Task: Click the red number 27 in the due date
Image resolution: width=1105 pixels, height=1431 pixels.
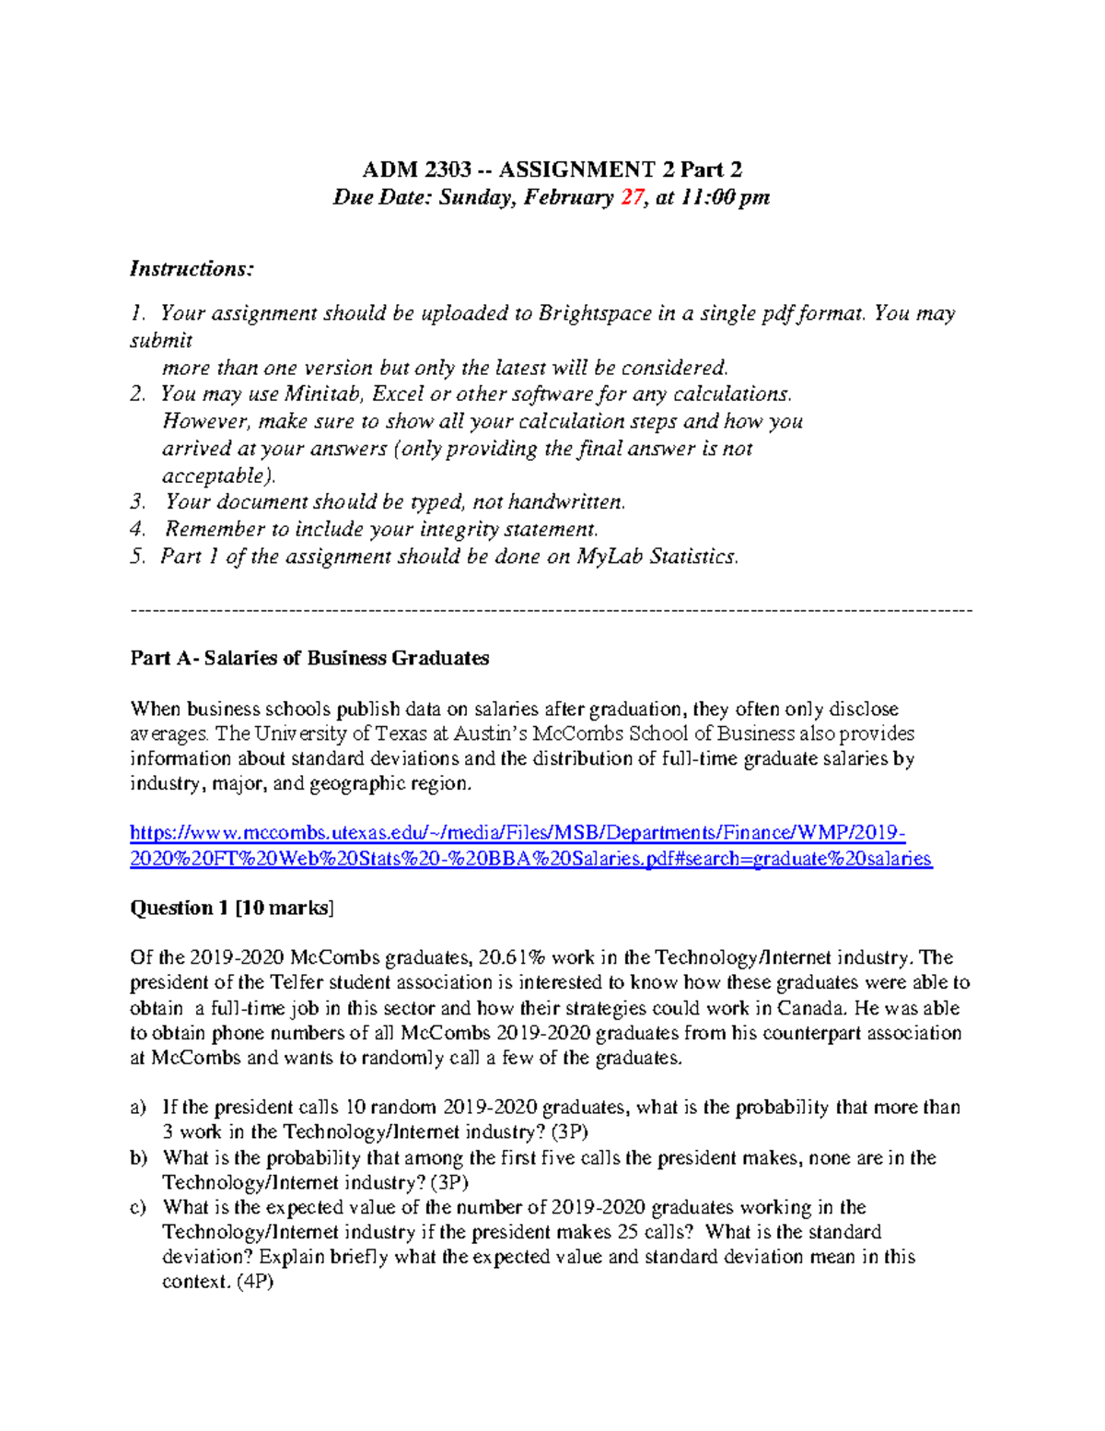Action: (x=633, y=197)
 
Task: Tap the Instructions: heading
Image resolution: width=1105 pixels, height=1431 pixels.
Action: (x=192, y=269)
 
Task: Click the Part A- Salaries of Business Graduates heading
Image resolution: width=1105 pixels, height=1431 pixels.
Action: (x=309, y=658)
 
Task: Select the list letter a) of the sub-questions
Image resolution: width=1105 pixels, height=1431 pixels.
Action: (x=138, y=1108)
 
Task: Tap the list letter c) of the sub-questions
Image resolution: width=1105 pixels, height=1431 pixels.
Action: (x=138, y=1207)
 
